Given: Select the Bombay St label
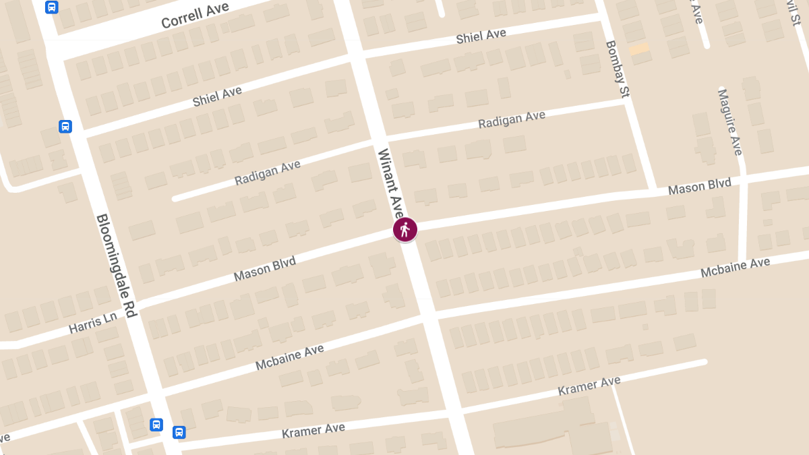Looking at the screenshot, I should pyautogui.click(x=616, y=70).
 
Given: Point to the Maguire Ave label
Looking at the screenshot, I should pyautogui.click(x=729, y=121).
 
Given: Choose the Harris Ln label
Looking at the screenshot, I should pyautogui.click(x=92, y=323).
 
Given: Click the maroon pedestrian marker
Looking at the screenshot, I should pyautogui.click(x=405, y=230).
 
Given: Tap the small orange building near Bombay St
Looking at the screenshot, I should pyautogui.click(x=639, y=49).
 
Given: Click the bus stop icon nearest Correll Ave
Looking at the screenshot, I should pyautogui.click(x=51, y=7).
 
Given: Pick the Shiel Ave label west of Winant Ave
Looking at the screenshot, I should pyautogui.click(x=217, y=96).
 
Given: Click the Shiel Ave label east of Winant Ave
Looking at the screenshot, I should pyautogui.click(x=481, y=36).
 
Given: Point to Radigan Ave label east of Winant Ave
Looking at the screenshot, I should pyautogui.click(x=512, y=120).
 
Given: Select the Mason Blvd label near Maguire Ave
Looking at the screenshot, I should pyautogui.click(x=700, y=186).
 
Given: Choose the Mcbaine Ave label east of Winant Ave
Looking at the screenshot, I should pyautogui.click(x=735, y=268).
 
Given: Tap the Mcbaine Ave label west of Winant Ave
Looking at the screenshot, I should pyautogui.click(x=290, y=357).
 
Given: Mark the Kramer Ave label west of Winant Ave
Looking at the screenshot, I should pyautogui.click(x=313, y=430).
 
